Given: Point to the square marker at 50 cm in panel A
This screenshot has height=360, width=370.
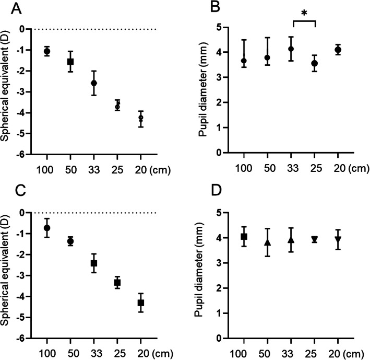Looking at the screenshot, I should point(70,62).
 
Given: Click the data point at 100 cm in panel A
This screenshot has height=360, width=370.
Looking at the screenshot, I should point(47,51).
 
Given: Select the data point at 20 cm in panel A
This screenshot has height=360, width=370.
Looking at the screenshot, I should point(141,118).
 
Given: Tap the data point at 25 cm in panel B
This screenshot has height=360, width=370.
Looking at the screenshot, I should point(314,63).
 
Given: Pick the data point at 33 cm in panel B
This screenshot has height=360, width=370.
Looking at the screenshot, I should point(291,49).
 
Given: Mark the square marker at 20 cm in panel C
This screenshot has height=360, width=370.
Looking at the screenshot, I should point(141,303).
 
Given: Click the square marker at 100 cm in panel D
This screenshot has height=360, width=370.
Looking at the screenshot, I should point(244,237).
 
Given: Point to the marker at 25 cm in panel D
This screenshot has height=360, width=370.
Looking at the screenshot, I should point(314,239).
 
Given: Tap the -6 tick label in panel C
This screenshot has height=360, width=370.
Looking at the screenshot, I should point(23,338).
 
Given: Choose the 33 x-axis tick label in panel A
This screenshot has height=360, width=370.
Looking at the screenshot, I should point(94,170).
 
